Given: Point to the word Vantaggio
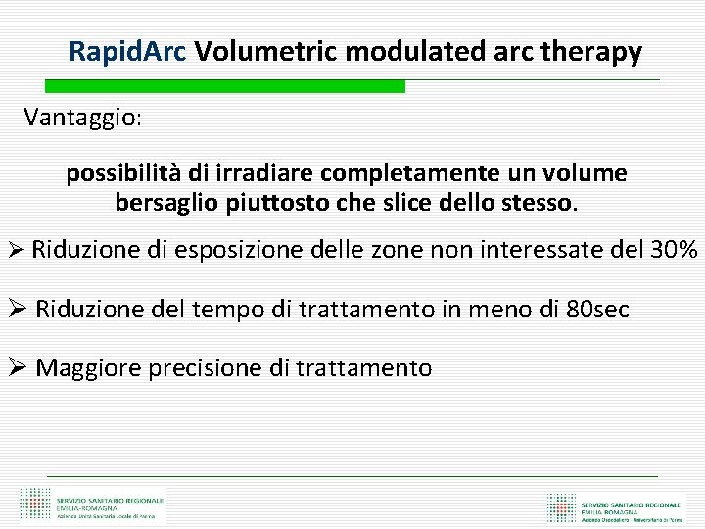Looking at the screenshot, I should coord(82,118).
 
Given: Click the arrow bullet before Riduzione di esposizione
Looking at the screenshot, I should coord(14,250).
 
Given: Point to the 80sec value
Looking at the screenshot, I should coord(598,310).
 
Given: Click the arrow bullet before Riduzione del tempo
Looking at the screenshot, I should coord(16,310).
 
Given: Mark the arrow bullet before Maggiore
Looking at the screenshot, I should coord(16,368).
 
